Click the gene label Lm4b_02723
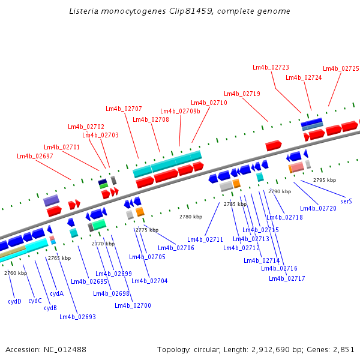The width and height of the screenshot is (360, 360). point(271,67)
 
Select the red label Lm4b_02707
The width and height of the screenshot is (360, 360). point(124,109)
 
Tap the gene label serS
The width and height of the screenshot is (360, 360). point(346,202)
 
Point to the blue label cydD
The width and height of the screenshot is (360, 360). point(14,301)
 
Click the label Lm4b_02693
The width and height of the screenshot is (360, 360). point(77,317)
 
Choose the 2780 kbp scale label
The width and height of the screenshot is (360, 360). point(191,217)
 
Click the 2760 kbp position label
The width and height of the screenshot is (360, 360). point(16,273)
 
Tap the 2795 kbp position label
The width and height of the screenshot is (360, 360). point(325,180)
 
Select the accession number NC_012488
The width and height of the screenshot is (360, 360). point(65,350)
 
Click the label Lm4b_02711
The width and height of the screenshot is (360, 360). point(205,239)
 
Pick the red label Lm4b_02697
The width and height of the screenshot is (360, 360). point(35,157)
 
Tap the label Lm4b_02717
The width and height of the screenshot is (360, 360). point(287,279)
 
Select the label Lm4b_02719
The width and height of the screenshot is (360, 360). point(242,94)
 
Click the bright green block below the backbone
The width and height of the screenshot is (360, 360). point(99,224)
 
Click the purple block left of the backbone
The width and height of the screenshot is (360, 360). point(52,200)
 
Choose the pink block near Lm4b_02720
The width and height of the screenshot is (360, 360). point(298,167)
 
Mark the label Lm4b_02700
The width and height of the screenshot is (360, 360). point(133,306)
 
